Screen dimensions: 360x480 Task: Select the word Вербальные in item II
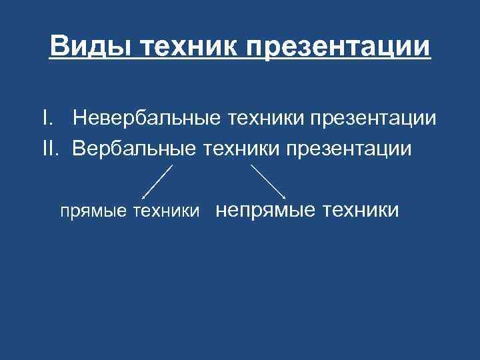click(132, 148)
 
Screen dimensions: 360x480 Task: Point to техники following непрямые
click(361, 211)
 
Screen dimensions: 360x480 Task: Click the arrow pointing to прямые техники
click(157, 181)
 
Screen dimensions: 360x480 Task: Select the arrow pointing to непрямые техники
click(268, 181)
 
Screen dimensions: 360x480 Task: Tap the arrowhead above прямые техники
click(145, 197)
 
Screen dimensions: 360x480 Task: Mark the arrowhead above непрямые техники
click(285, 197)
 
